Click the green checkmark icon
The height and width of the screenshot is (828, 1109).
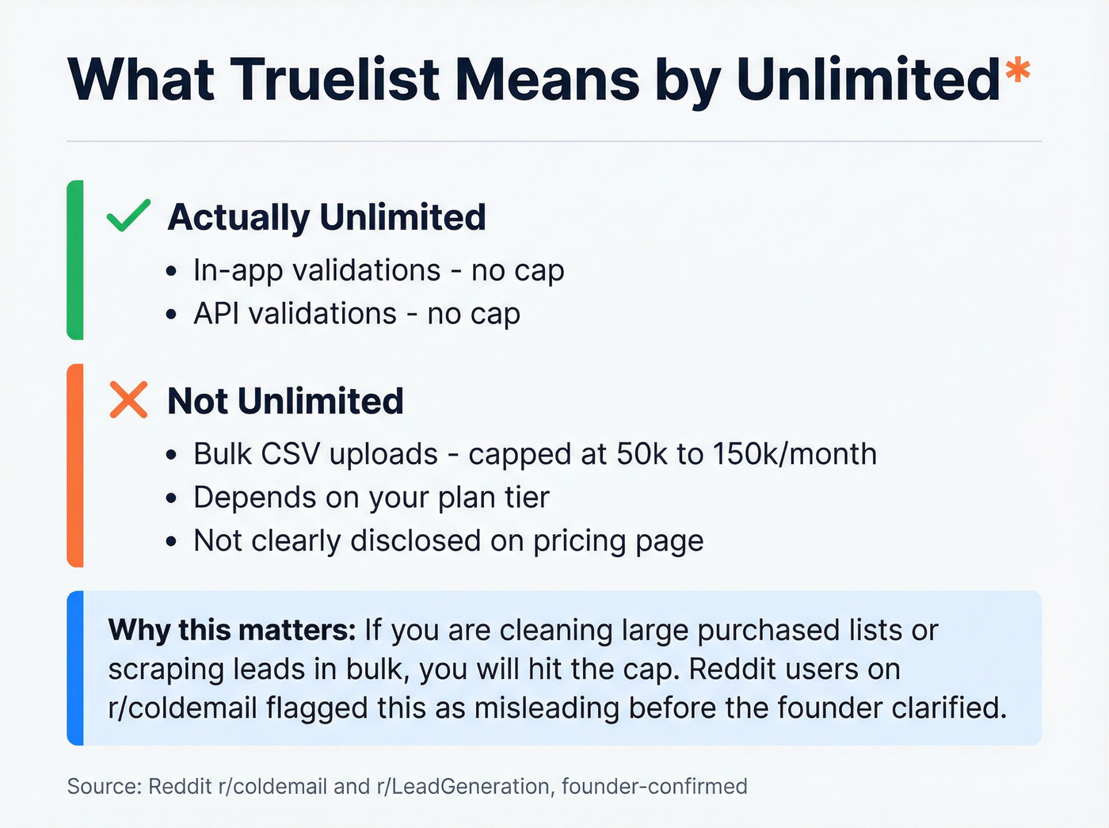(128, 216)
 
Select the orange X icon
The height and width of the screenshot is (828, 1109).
(128, 399)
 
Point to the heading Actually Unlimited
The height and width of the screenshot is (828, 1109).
(326, 217)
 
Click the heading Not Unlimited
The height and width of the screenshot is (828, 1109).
(285, 401)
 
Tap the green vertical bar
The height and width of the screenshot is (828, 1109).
(75, 260)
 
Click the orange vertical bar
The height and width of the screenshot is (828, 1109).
(75, 465)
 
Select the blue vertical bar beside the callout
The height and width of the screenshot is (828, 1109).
(75, 667)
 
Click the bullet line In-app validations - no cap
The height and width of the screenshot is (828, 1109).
(379, 270)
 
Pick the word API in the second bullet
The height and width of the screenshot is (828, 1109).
(216, 314)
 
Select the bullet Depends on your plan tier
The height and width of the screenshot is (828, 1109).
(371, 498)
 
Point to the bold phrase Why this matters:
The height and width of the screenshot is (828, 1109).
(232, 630)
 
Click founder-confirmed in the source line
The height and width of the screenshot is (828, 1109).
(654, 786)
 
